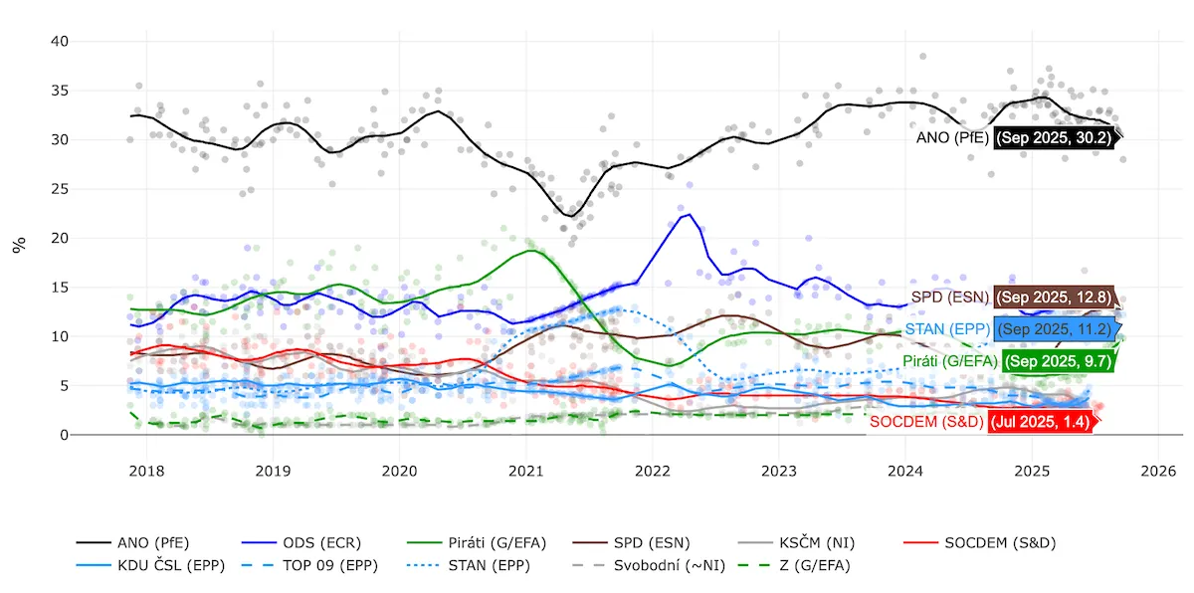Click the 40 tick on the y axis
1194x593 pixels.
tap(60, 42)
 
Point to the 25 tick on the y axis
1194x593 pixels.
tap(60, 189)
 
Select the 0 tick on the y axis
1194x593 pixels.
tap(64, 436)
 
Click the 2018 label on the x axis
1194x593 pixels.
tap(146, 469)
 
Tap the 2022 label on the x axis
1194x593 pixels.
tap(652, 469)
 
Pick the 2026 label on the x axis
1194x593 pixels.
tap(1158, 469)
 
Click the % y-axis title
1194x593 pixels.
tap(19, 245)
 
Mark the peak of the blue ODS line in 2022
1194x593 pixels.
tap(690, 214)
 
